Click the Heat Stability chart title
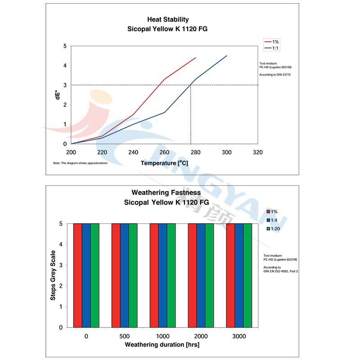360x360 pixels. point(168,20)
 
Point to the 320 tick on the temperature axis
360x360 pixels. point(257,153)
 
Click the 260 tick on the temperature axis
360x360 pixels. point(164,153)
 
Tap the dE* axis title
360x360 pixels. point(58,95)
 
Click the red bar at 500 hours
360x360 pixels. point(116,275)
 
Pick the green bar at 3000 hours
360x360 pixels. point(247,275)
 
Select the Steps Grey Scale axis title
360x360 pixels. point(53,275)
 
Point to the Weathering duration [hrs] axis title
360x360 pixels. point(162,345)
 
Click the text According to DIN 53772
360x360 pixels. point(275,74)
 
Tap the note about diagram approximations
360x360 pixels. point(80,162)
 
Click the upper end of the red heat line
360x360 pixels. point(196,58)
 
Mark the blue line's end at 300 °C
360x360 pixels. point(227,55)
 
